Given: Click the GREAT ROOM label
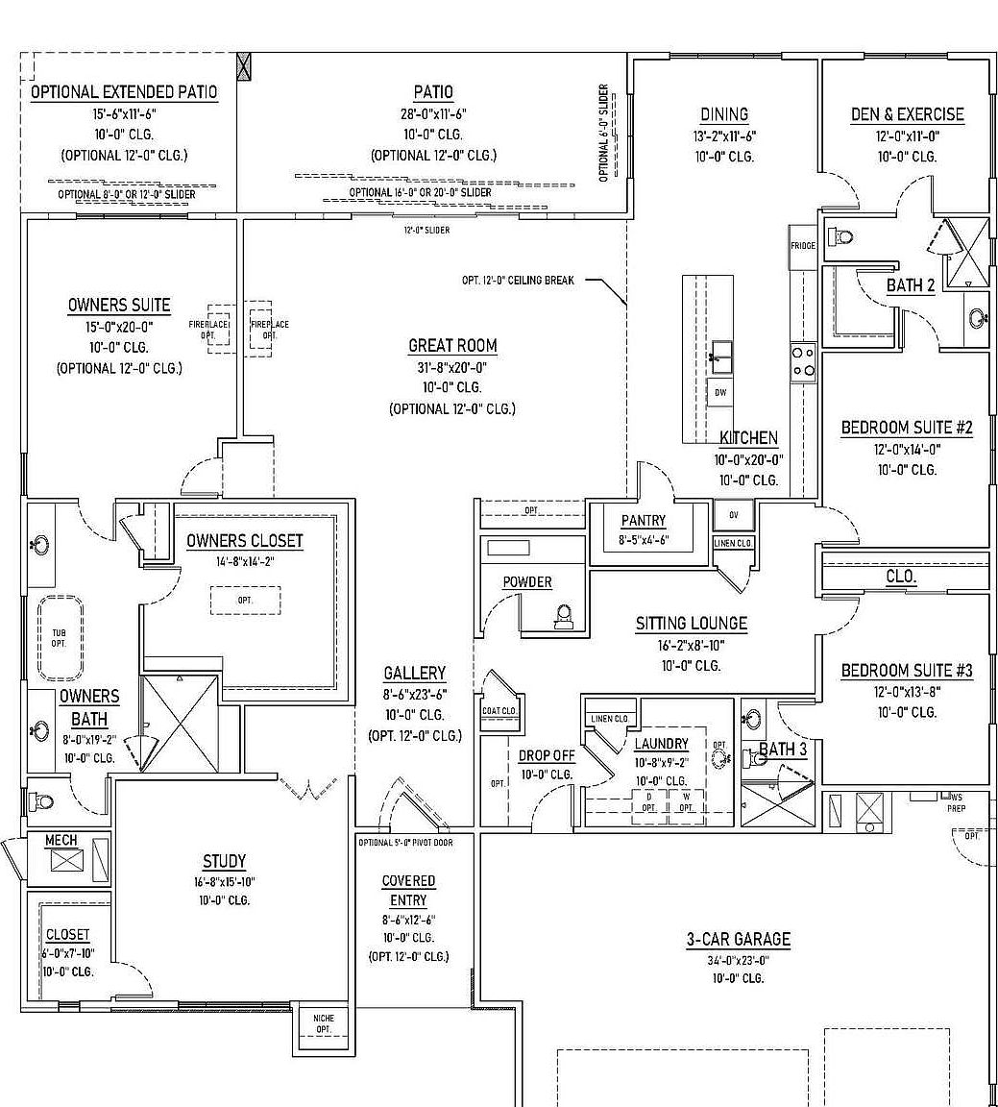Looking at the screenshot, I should tap(452, 346).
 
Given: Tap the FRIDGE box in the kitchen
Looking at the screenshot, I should tap(803, 246).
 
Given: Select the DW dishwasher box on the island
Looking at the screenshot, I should tap(720, 393).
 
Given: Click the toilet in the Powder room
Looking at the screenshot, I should tap(565, 617).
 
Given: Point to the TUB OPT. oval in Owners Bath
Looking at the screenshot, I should tap(60, 638).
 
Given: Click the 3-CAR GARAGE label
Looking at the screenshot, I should tap(738, 940).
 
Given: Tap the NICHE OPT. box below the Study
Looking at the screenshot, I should tap(324, 1024).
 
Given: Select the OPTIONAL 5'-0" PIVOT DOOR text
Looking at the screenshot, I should tap(414, 843).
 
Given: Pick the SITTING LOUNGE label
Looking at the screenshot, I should tap(691, 624).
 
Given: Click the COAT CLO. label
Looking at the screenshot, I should tap(499, 711).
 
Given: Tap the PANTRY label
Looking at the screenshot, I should tap(643, 521).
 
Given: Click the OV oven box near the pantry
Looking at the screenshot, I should tap(734, 515).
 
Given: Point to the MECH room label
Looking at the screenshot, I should tap(61, 841).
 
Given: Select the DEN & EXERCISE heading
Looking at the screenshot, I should tap(907, 114).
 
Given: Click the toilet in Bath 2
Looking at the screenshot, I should tap(841, 236).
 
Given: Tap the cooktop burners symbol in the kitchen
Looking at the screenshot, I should tap(803, 361).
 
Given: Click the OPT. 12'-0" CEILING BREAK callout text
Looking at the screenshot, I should tap(518, 281).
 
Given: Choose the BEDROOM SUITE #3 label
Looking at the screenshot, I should tap(907, 671).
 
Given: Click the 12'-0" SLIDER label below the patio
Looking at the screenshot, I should tap(426, 231).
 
